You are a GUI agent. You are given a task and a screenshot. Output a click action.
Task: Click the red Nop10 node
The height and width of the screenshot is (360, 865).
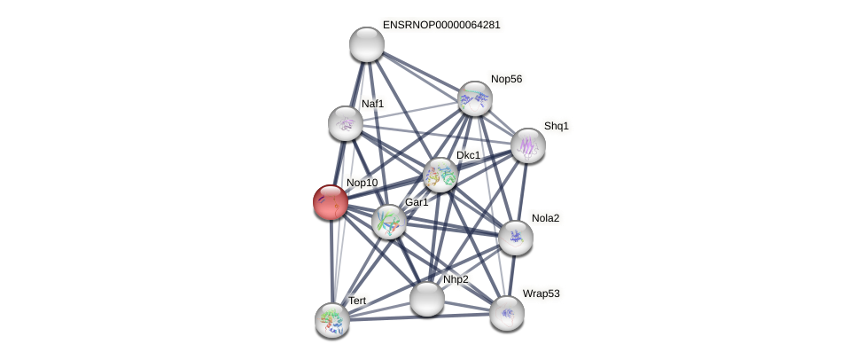tap(331, 202)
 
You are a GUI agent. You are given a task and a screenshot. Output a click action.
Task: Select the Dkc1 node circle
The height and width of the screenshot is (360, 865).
tap(440, 175)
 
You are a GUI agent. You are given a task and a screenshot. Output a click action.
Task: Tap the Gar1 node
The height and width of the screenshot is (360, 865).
tap(388, 222)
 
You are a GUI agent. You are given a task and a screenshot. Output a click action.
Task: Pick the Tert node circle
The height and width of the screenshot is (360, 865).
tap(332, 319)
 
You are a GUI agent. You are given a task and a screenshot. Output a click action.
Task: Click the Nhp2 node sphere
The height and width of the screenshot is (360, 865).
tap(426, 299)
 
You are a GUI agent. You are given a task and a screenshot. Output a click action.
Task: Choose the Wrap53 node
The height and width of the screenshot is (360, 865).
tap(507, 312)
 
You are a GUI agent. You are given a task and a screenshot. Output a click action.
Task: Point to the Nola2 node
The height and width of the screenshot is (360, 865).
tap(515, 237)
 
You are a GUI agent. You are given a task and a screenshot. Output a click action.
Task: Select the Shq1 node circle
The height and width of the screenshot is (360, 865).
tap(527, 145)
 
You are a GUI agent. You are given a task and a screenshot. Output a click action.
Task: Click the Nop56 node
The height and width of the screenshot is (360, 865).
tap(475, 98)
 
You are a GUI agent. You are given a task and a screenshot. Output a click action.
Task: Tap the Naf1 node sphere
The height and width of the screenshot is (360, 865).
tap(345, 123)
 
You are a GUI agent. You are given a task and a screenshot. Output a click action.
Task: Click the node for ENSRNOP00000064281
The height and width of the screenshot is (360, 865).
tap(366, 44)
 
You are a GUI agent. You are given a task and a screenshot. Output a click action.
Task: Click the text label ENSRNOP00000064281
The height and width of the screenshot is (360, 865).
tap(440, 25)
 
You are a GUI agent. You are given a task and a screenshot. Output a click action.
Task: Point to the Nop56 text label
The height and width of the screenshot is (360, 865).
tap(506, 79)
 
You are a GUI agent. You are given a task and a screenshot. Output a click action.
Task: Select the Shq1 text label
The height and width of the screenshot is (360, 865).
tap(556, 126)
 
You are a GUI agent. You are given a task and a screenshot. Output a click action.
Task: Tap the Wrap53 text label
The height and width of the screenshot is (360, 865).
tap(541, 293)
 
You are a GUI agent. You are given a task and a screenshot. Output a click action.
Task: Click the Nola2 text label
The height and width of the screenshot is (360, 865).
tap(545, 218)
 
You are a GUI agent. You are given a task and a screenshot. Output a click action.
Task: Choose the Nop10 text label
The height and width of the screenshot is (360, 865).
tap(362, 183)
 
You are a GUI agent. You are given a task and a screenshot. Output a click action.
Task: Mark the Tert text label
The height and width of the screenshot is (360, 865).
tap(356, 301)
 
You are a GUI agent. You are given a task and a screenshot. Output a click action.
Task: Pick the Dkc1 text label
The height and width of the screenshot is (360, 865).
tap(468, 155)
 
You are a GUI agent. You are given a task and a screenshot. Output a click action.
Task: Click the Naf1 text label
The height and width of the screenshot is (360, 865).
tap(372, 104)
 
